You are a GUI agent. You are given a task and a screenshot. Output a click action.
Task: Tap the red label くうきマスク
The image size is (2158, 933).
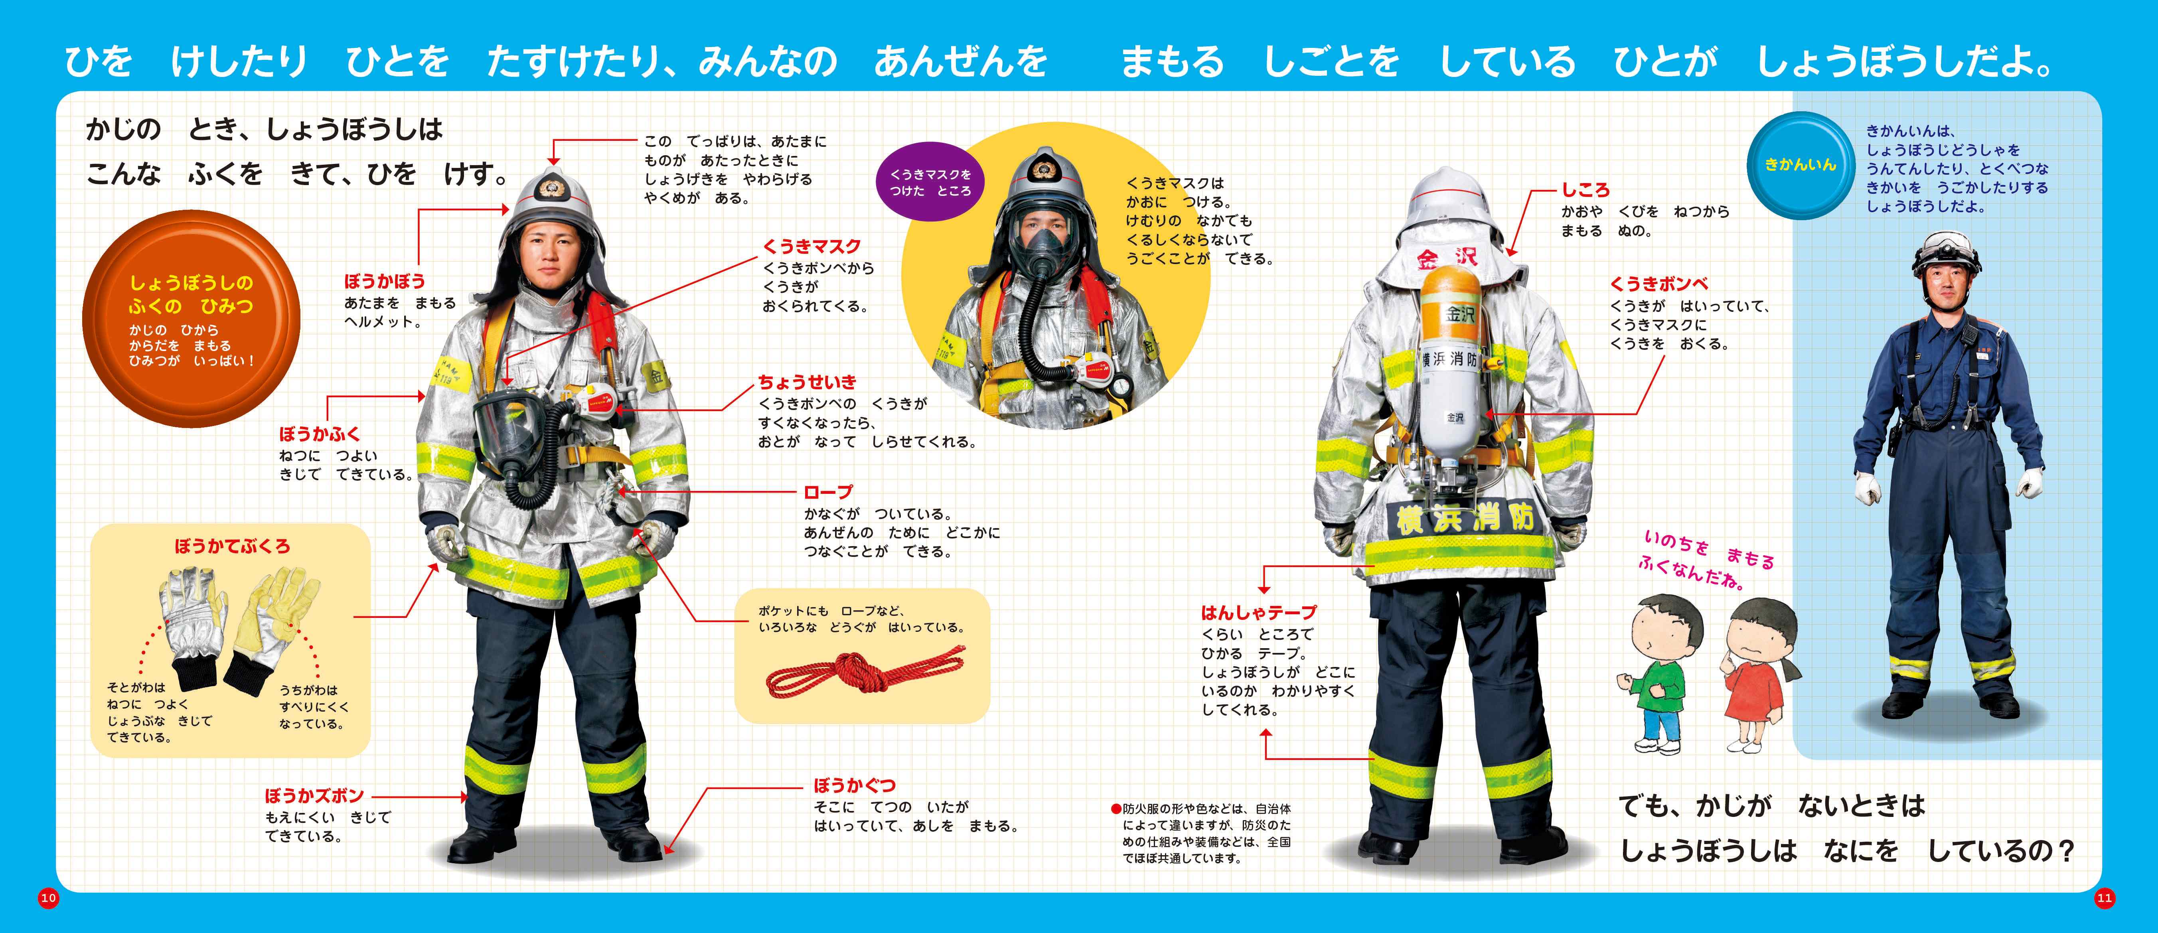click(812, 246)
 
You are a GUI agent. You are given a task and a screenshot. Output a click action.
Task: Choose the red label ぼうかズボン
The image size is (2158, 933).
click(314, 795)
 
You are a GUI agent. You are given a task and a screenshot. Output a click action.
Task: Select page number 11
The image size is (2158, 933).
click(2105, 898)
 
